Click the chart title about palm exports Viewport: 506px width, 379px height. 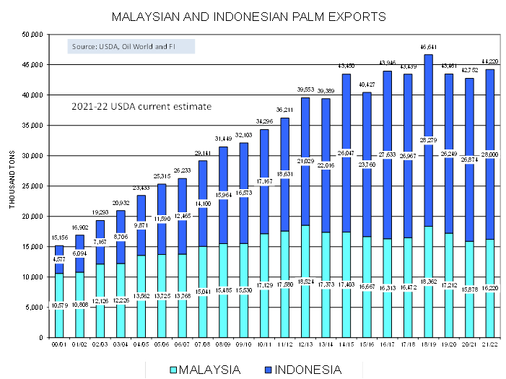249,15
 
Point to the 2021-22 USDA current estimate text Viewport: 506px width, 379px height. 141,106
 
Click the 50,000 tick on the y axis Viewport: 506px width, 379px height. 33,35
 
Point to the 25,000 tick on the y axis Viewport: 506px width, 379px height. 33,186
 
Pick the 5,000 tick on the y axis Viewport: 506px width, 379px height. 35,308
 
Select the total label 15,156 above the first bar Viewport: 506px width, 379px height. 59,238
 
